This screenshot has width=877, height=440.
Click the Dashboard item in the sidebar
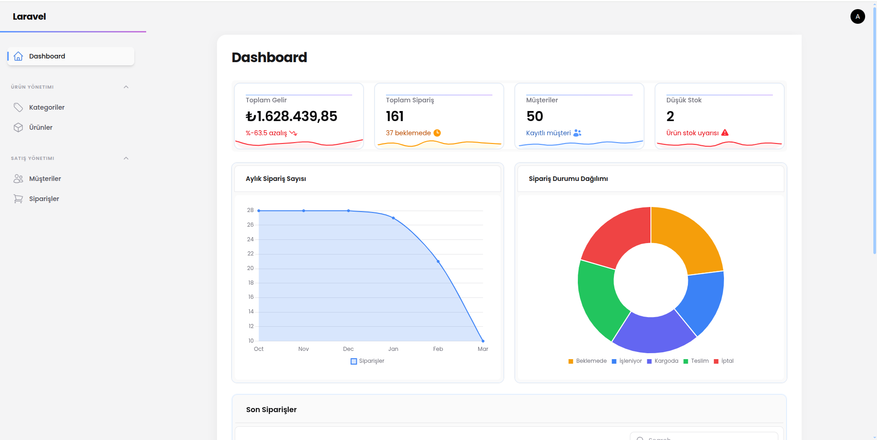click(71, 56)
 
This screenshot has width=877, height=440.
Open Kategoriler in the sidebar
click(47, 107)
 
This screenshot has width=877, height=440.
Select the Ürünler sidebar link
click(41, 127)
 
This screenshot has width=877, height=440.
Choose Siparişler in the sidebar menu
click(44, 199)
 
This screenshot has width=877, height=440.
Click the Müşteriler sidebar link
click(45, 179)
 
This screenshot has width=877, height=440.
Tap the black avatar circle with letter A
click(857, 16)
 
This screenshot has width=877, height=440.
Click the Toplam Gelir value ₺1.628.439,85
click(291, 116)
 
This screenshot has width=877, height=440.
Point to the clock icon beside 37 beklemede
click(437, 133)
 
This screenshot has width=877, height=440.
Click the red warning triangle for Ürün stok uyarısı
click(725, 133)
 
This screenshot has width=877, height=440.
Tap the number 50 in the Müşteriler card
click(534, 116)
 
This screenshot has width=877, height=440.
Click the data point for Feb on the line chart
click(438, 261)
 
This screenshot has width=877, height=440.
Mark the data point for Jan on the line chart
click(393, 218)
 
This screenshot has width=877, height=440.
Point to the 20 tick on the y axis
click(250, 268)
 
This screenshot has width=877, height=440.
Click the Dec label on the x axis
click(348, 349)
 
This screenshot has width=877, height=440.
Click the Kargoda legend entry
click(663, 361)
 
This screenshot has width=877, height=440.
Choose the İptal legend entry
click(724, 361)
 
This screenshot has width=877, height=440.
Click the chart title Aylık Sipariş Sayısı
click(276, 179)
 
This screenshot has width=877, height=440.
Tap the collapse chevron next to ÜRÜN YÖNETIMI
click(126, 87)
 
